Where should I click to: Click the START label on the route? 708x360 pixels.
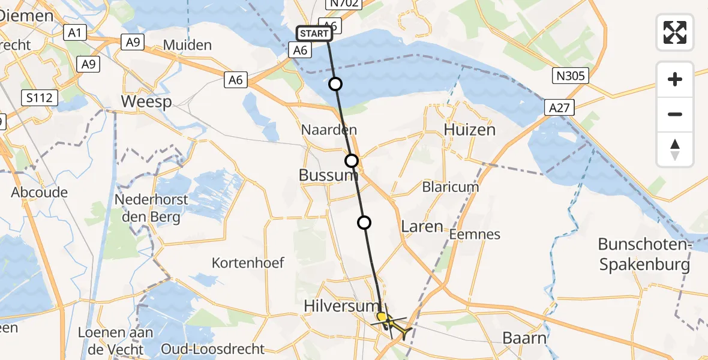[x=313, y=34]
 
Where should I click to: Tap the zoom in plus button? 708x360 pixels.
[x=675, y=79]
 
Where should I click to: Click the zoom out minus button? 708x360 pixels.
[x=675, y=114]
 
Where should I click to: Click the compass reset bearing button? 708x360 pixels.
[x=675, y=149]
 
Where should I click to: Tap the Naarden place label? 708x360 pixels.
[x=329, y=130]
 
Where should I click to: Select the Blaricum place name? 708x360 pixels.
[x=451, y=187]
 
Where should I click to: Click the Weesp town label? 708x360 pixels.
[x=146, y=101]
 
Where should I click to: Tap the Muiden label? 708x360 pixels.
[x=187, y=45]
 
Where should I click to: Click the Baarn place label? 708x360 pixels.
[x=524, y=338]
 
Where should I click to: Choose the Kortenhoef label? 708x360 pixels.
[x=248, y=263]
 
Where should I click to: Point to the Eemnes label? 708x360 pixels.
[x=475, y=234]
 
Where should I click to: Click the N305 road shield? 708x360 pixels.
[x=571, y=76]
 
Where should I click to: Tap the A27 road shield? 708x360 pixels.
[x=560, y=108]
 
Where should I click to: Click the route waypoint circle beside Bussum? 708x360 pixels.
[x=352, y=161]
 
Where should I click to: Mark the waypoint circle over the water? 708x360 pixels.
[x=335, y=84]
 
